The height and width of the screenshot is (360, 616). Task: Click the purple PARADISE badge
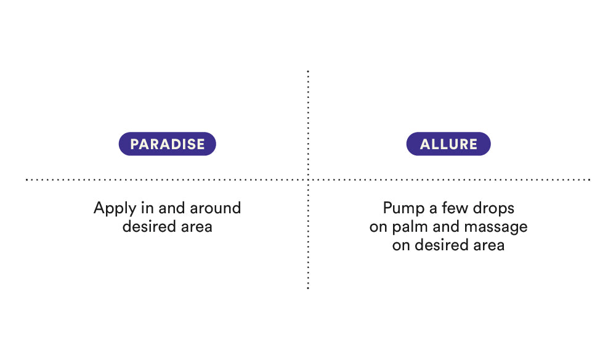coord(168,144)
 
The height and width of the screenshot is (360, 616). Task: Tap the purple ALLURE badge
coord(448,144)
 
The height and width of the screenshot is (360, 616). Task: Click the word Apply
coord(115,209)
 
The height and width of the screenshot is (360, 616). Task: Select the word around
coord(215,208)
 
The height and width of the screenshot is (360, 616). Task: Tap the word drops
coord(494,209)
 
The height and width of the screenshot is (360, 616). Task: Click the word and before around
coord(172,208)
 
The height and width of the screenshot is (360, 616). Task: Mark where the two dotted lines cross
coord(308,179)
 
